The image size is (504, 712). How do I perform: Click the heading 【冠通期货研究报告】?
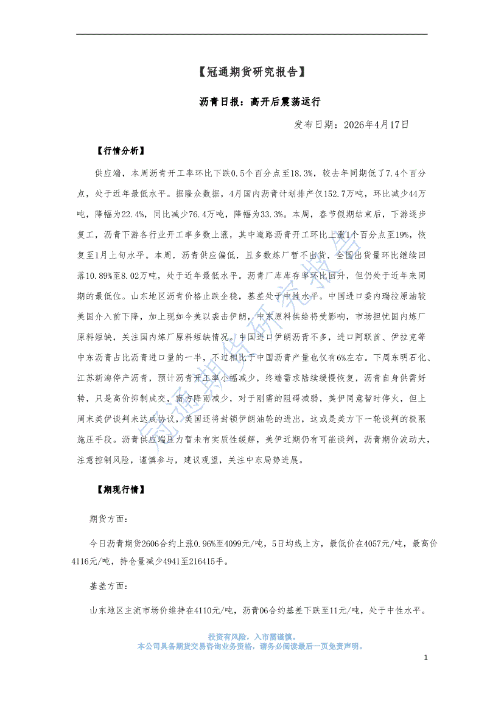(251, 72)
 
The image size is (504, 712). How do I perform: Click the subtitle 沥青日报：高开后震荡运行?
(251, 101)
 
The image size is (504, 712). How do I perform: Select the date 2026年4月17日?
(376, 125)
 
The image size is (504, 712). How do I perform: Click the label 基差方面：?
(109, 585)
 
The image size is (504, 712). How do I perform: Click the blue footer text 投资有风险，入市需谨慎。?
(251, 635)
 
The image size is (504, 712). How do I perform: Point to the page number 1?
(426, 658)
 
